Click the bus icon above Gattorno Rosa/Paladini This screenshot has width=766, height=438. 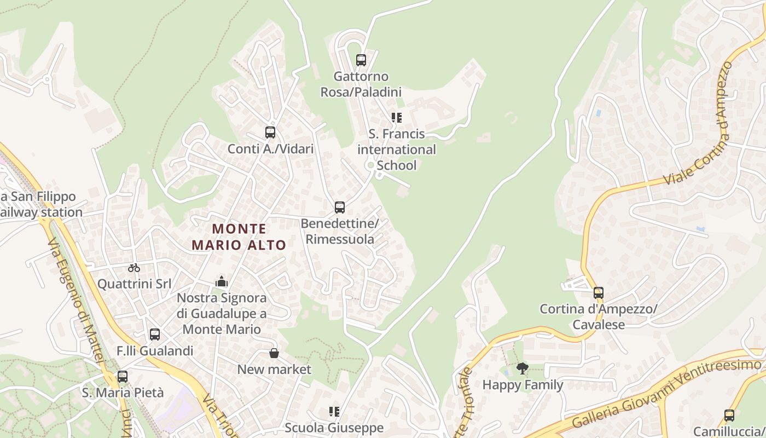click(361, 60)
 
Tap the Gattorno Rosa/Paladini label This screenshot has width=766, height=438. click(361, 84)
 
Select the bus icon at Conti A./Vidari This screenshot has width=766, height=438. click(270, 132)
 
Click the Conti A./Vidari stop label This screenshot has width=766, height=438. click(270, 149)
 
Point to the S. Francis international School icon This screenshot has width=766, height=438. click(397, 118)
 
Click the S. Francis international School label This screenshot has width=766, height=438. click(397, 149)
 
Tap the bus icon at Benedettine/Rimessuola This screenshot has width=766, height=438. click(340, 208)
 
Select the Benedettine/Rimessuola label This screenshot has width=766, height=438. click(340, 232)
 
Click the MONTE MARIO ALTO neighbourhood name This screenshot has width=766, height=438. click(239, 237)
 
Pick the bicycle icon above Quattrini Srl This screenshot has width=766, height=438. click(134, 268)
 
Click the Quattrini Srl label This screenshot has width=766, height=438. click(134, 284)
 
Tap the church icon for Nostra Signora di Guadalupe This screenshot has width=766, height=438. click(222, 282)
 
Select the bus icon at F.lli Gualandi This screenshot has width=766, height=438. click(155, 335)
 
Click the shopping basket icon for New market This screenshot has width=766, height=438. click(274, 354)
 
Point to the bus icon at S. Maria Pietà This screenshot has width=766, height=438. click(123, 377)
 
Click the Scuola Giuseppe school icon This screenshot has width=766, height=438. click(334, 411)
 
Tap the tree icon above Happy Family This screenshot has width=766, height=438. click(523, 368)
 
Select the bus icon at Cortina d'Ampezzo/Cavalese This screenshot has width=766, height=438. click(599, 293)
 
